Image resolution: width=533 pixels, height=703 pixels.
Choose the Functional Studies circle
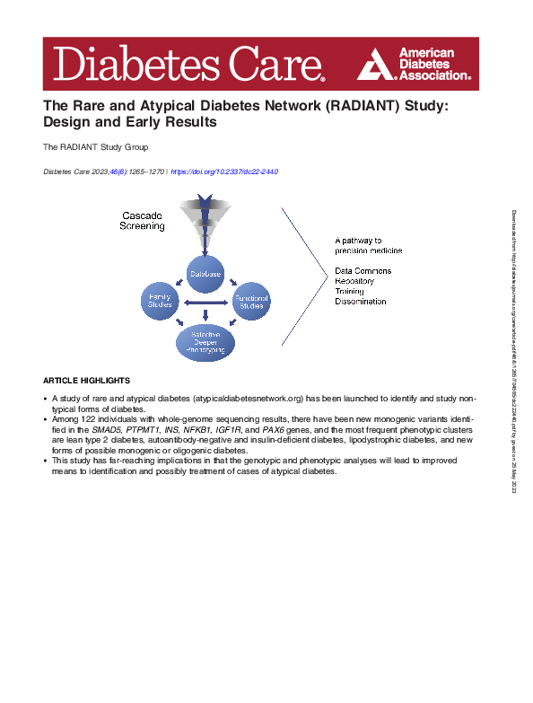click(251, 302)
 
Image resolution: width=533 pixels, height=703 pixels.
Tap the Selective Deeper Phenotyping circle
click(205, 343)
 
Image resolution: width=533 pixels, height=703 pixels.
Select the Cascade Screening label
click(142, 221)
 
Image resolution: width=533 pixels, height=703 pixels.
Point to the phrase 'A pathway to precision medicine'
click(370, 246)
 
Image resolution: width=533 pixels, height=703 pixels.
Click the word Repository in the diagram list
click(355, 280)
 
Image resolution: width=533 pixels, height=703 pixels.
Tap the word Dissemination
click(361, 302)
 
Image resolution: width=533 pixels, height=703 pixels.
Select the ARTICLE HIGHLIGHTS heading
click(86, 381)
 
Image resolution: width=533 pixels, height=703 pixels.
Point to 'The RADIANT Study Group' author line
click(95, 146)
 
